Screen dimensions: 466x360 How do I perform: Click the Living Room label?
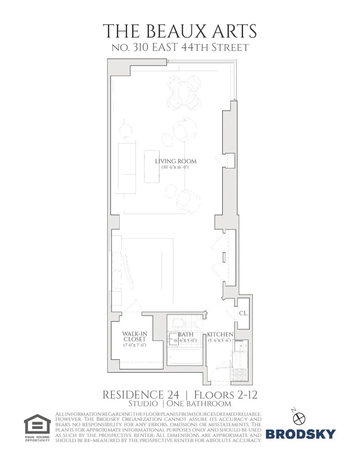coord(176,161)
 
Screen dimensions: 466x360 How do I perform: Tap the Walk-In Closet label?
coord(135,336)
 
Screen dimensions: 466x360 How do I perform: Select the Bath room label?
coord(186,334)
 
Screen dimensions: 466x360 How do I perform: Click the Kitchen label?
coord(220,334)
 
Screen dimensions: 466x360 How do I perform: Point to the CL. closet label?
coord(244,313)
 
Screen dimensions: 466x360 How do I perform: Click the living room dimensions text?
coord(175,168)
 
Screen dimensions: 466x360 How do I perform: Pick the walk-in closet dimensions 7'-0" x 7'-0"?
coord(135,345)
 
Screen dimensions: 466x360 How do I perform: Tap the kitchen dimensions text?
coord(219,341)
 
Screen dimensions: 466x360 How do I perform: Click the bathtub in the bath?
coord(185,356)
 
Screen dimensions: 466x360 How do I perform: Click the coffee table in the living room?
coord(153,167)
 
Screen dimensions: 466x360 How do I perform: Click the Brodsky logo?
coord(301,434)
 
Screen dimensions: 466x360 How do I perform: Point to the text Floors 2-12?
coord(226,395)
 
